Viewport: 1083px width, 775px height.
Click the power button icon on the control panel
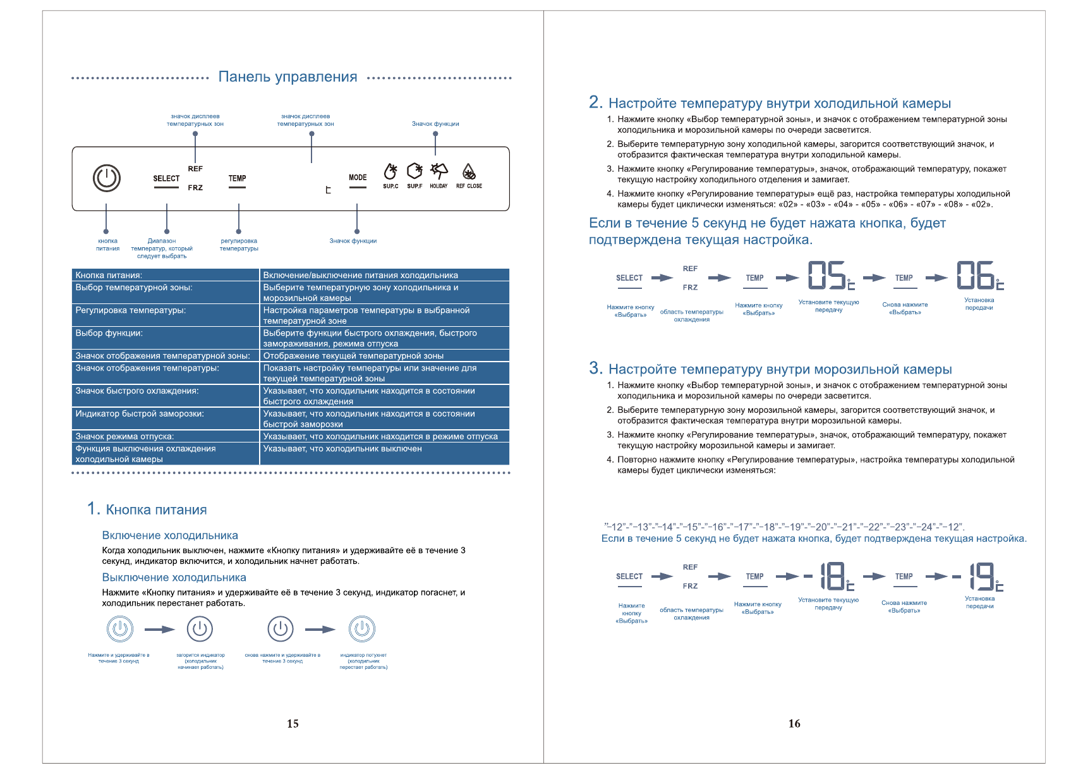(107, 178)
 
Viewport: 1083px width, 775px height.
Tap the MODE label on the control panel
(358, 178)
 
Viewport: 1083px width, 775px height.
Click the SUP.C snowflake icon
(391, 172)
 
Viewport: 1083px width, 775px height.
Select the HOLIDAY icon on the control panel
(439, 171)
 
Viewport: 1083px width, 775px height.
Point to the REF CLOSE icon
(469, 172)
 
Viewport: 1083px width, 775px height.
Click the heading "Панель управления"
(287, 77)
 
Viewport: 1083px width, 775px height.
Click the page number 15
(293, 724)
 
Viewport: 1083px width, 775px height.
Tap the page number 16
(794, 724)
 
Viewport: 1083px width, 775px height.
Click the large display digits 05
(827, 276)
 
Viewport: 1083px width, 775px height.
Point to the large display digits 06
(976, 276)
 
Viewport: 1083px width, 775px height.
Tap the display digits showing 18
(833, 577)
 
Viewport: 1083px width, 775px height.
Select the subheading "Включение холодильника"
(170, 535)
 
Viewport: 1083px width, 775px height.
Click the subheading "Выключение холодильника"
(174, 577)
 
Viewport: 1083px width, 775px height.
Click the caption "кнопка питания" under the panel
(107, 245)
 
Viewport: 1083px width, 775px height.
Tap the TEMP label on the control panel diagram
(238, 178)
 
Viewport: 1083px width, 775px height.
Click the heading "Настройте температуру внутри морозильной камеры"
(780, 369)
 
